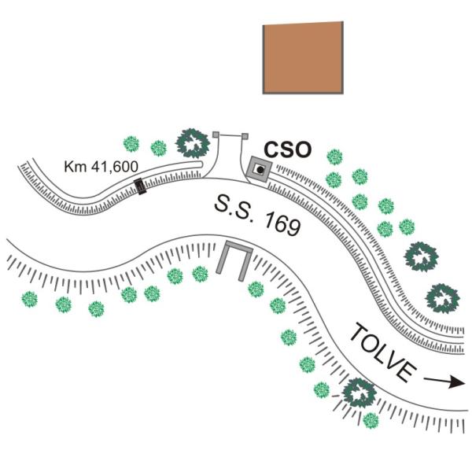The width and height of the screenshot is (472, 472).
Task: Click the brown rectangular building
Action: coord(303,57)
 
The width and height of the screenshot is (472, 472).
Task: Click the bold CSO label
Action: coord(287,150)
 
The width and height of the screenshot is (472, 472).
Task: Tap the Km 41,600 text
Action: coord(101,167)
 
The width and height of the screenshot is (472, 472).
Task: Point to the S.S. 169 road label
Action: coord(258,216)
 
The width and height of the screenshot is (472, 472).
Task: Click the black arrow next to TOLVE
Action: coord(444,382)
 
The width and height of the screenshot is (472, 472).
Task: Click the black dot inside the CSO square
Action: coord(260,170)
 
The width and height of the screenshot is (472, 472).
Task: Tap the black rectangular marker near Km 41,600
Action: coord(140,186)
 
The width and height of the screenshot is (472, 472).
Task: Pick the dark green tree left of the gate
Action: coord(193,143)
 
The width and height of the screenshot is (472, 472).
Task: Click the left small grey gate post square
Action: coord(216,135)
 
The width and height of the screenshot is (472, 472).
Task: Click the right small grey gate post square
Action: coord(245,136)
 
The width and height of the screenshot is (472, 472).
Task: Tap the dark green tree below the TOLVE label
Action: coord(360,393)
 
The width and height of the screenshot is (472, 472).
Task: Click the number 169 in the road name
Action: coord(282,224)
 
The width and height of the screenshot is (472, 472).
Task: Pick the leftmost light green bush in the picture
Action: coord(30,299)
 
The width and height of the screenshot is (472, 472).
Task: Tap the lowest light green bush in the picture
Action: coord(371,421)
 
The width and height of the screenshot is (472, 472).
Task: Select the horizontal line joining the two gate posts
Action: coord(230,135)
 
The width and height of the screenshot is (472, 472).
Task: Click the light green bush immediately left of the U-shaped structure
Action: coord(200,274)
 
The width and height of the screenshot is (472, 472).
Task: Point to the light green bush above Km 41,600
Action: coord(131,144)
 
